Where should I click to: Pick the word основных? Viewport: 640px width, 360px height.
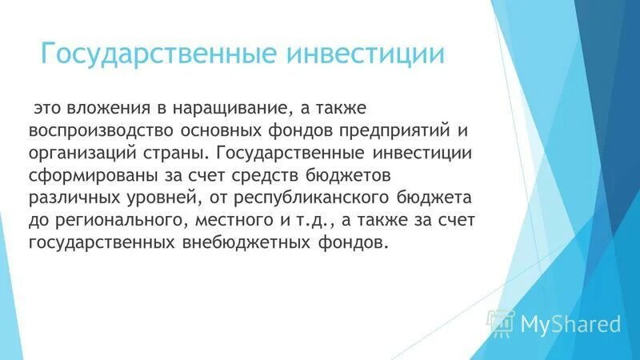pos(218,130)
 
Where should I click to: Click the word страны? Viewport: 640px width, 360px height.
pos(167,152)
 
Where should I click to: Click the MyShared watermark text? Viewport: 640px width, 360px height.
pos(570,324)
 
